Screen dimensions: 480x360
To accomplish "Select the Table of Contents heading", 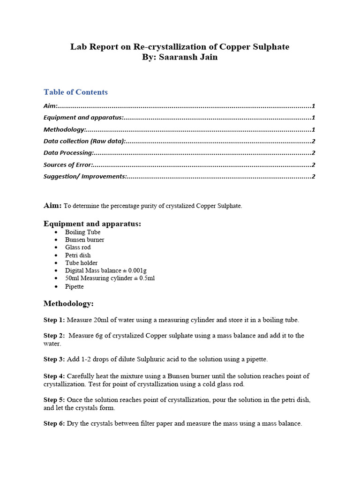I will coord(75,92).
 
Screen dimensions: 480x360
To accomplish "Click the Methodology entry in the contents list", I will coord(65,129).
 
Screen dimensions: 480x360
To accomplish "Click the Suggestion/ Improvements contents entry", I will coord(85,176).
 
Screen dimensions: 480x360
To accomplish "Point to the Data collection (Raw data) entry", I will coord(84,141).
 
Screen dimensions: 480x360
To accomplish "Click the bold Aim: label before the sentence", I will coord(52,205).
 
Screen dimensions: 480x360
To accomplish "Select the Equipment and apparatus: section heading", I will coord(92,224).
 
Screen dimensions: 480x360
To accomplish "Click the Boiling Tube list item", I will coord(82,232).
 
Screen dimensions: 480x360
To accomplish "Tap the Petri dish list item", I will coord(78,255).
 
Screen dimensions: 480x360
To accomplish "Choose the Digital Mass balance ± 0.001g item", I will coord(106,270).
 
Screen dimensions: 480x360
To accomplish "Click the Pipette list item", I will coord(75,286).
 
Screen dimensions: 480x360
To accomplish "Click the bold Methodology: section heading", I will coord(68,304).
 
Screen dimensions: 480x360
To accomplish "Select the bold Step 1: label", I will coord(54,320).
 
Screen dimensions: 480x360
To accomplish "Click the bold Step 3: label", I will coord(54,359).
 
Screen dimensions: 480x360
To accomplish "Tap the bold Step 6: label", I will coord(54,423).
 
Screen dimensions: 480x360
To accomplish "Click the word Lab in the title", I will coord(79,47).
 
